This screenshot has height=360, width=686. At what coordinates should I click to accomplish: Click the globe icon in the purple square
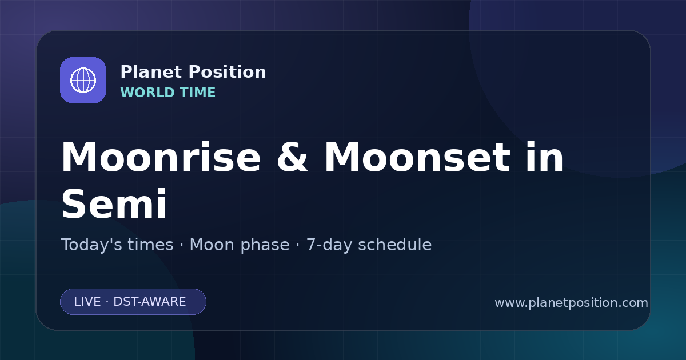tap(83, 80)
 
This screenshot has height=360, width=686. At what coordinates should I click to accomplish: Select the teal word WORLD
tap(147, 93)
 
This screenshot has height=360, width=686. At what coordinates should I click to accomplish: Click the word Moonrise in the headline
tap(161, 157)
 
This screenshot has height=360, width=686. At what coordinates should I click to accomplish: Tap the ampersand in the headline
tap(292, 157)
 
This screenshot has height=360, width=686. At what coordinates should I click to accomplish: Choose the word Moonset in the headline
tap(417, 157)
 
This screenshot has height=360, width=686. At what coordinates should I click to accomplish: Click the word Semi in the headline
tap(114, 203)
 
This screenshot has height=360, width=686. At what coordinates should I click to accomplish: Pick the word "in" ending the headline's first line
tap(544, 157)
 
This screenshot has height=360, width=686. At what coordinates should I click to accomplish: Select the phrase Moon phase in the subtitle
tap(240, 245)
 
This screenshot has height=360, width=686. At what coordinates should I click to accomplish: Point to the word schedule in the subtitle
tap(395, 245)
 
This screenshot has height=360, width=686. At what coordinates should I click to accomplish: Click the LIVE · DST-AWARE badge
tap(133, 302)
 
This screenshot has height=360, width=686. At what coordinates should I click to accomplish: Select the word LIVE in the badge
tap(87, 302)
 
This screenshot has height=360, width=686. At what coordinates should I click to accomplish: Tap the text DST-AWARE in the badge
tap(149, 302)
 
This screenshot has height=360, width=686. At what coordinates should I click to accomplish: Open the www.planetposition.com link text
tap(572, 303)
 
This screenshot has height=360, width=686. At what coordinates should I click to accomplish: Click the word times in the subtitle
tap(150, 245)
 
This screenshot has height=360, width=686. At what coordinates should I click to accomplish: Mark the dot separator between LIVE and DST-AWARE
tap(107, 302)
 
